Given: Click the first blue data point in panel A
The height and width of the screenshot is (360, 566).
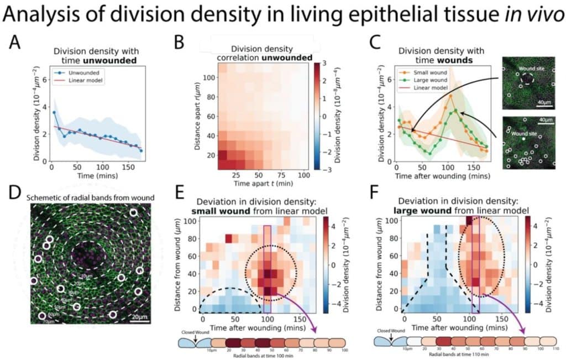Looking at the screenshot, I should [54, 112].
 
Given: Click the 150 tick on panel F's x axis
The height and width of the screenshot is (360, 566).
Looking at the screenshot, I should [502, 319].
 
